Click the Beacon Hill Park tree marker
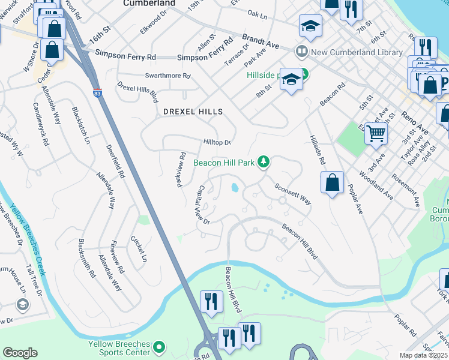tap(263, 161)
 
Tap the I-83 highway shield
tap(97, 93)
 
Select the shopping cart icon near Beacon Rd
tap(376, 133)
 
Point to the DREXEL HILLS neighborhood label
tap(193, 112)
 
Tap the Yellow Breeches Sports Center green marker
tap(159, 347)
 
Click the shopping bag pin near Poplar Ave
tap(332, 182)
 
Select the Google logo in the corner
tap(20, 353)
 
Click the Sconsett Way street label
tap(293, 194)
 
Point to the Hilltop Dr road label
tap(217, 142)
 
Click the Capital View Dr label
tap(200, 203)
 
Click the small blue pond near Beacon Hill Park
tap(234, 188)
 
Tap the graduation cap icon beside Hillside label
tap(291, 79)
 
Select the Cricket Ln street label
tap(139, 248)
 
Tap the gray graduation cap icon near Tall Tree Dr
tap(22, 305)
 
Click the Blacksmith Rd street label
tap(87, 258)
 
